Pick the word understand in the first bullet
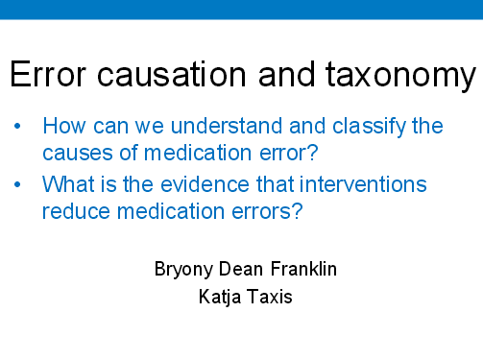210,126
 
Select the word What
68,183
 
